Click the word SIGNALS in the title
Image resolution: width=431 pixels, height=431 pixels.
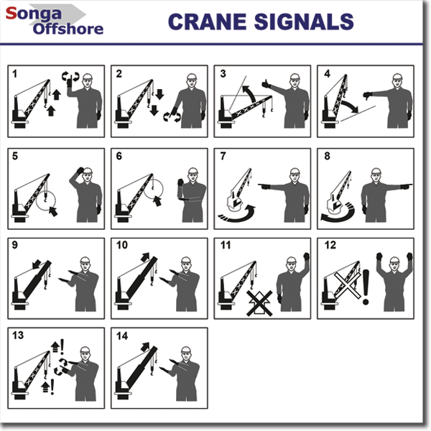[304, 22]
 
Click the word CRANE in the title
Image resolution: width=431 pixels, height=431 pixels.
[207, 22]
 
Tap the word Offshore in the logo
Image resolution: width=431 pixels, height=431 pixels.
[68, 29]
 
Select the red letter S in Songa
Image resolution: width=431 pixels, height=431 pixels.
[11, 13]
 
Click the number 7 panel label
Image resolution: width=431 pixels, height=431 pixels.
[223, 156]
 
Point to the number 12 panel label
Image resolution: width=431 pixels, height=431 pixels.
[330, 245]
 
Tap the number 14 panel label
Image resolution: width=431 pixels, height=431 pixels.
[122, 335]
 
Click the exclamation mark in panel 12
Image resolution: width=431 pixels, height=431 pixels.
[366, 287]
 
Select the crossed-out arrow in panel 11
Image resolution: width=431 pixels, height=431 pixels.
[259, 303]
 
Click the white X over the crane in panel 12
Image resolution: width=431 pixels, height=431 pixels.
[347, 285]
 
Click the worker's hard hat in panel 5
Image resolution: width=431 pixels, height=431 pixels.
[88, 170]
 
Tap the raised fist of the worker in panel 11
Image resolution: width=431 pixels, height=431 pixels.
[306, 256]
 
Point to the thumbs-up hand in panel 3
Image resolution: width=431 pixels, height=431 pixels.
[267, 84]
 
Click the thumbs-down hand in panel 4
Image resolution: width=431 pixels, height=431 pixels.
[368, 96]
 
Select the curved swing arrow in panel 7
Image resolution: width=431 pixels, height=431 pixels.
[238, 214]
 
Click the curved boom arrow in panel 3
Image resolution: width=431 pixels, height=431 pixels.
[249, 93]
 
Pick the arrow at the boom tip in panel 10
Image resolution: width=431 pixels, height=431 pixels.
[145, 257]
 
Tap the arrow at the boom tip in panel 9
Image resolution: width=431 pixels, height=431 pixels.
[37, 264]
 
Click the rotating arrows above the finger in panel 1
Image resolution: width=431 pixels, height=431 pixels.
[70, 76]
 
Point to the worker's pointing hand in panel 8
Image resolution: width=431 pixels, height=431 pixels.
[407, 186]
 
